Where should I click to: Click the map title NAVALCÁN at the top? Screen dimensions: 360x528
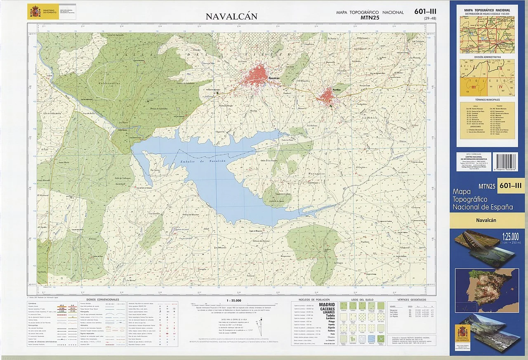(231, 17)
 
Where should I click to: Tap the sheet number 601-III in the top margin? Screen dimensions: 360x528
(425, 12)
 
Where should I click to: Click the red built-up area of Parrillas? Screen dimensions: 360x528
(327, 96)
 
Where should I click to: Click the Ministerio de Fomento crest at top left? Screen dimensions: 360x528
(33, 12)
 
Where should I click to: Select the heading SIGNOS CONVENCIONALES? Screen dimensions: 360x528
(103, 299)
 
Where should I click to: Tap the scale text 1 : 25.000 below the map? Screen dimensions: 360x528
(234, 301)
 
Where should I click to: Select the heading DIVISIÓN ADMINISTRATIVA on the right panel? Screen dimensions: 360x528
(487, 57)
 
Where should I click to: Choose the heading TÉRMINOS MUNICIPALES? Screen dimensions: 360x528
(487, 100)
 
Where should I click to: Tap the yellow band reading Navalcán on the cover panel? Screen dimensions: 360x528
(487, 220)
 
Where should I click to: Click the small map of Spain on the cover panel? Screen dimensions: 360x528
(487, 285)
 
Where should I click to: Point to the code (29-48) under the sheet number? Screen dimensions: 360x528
(429, 18)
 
